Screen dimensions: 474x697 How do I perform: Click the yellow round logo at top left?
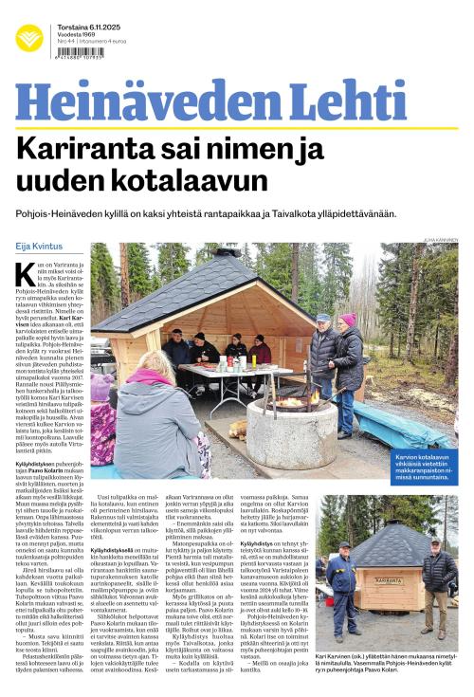tap(28, 38)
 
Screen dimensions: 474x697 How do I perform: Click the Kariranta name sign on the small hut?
tap(389, 580)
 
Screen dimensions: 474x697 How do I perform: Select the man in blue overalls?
tap(342, 578)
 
